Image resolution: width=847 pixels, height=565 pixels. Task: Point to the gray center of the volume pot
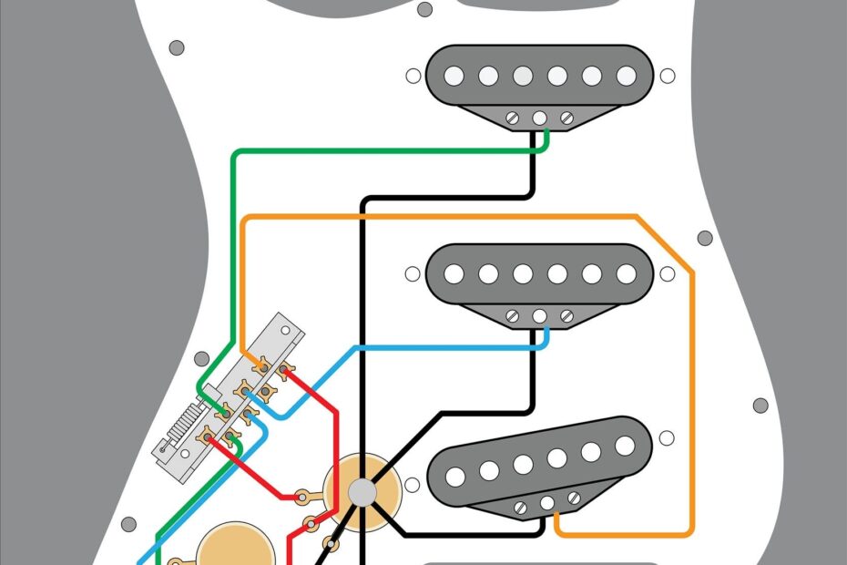[362, 492]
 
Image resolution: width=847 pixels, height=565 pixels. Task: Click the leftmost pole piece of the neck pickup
[454, 76]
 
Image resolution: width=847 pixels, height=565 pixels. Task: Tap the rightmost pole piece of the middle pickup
[626, 272]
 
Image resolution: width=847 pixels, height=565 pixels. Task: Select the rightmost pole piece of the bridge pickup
[624, 445]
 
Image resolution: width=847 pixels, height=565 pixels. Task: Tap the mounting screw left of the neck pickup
[413, 77]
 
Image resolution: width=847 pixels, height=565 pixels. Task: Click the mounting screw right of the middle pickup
[668, 272]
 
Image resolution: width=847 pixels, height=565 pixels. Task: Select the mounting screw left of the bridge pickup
[412, 486]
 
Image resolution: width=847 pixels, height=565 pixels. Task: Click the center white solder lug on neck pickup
[540, 118]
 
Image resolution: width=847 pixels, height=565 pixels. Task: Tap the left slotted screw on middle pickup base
[514, 316]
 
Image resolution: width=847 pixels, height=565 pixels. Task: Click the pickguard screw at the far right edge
[760, 405]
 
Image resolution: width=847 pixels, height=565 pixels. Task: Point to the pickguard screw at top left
[177, 47]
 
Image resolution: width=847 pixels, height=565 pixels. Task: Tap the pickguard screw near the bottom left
[129, 524]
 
